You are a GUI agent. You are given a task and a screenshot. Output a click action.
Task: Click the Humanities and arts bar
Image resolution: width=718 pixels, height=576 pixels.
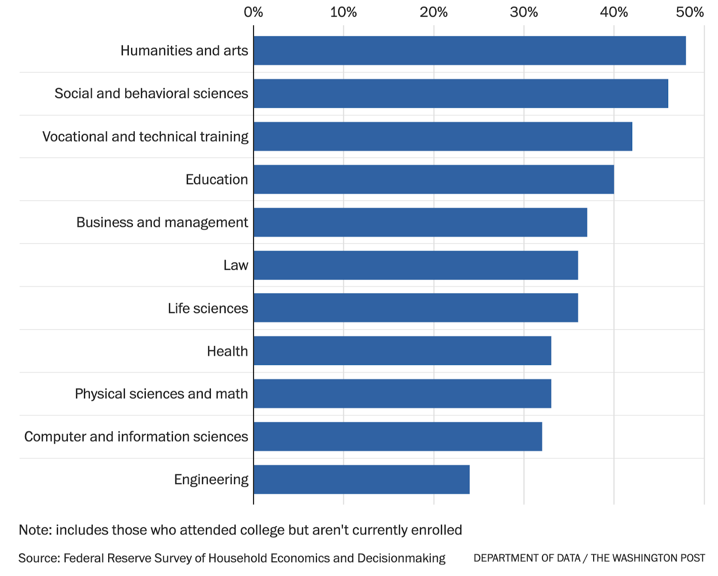point(469,51)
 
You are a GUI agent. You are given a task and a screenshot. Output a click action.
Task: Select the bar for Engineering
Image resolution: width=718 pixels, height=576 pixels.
point(361,479)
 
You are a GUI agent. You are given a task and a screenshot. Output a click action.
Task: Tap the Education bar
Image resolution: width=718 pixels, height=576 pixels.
point(433,180)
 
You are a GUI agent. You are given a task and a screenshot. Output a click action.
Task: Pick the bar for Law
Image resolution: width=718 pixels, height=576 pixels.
point(416,265)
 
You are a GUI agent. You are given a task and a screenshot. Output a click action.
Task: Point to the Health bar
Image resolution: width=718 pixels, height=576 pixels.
point(402,351)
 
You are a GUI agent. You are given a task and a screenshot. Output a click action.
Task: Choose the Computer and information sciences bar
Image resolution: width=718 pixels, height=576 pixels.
point(398,437)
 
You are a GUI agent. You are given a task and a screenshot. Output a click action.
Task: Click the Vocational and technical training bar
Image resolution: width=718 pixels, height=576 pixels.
point(442,136)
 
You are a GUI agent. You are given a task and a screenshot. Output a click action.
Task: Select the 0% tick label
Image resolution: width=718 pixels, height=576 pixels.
point(253,12)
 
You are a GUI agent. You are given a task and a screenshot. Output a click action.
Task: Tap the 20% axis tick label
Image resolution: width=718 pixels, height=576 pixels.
point(433,12)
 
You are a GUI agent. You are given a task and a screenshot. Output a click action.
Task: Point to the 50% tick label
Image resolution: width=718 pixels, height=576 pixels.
point(690,12)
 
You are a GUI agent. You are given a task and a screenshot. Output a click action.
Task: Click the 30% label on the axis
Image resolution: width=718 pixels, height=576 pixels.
point(524,12)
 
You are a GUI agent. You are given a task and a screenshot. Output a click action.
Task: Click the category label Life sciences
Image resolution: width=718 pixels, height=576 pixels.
point(208,308)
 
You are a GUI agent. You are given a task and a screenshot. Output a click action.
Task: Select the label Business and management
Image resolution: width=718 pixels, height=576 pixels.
point(162,222)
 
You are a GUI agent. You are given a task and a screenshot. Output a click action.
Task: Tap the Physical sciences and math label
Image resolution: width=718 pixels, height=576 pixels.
point(161,394)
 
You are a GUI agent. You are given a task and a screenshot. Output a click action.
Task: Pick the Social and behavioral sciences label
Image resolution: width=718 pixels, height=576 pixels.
point(151,93)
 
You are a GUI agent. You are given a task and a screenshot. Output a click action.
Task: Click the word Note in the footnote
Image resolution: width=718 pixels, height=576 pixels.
point(35,530)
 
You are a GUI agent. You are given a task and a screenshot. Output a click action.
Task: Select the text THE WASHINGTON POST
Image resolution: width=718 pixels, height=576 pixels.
point(648,558)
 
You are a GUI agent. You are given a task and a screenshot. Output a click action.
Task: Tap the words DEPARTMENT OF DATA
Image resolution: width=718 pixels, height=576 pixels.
point(527,558)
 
